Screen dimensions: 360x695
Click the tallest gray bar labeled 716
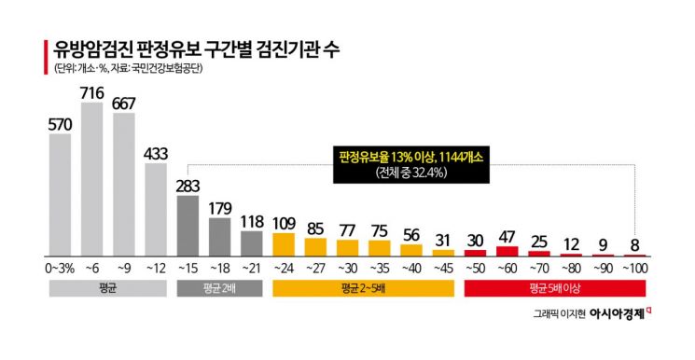point(92,178)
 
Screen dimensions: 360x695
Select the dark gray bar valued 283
point(188,225)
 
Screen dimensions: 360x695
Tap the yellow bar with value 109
point(285,243)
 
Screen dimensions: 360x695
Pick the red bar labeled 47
point(507,250)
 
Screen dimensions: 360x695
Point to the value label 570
point(61,123)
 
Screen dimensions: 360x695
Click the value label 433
point(156,154)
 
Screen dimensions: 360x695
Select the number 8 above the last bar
point(634,244)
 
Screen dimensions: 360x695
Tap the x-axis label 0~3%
point(59,269)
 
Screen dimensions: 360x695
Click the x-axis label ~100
point(634,269)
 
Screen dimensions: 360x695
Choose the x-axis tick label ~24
point(285,269)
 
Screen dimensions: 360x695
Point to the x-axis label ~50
point(475,269)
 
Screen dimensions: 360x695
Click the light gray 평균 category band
point(107,288)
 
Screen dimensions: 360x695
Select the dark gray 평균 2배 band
point(219,288)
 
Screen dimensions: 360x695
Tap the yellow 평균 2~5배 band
point(363,288)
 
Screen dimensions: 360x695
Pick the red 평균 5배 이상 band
point(555,288)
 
